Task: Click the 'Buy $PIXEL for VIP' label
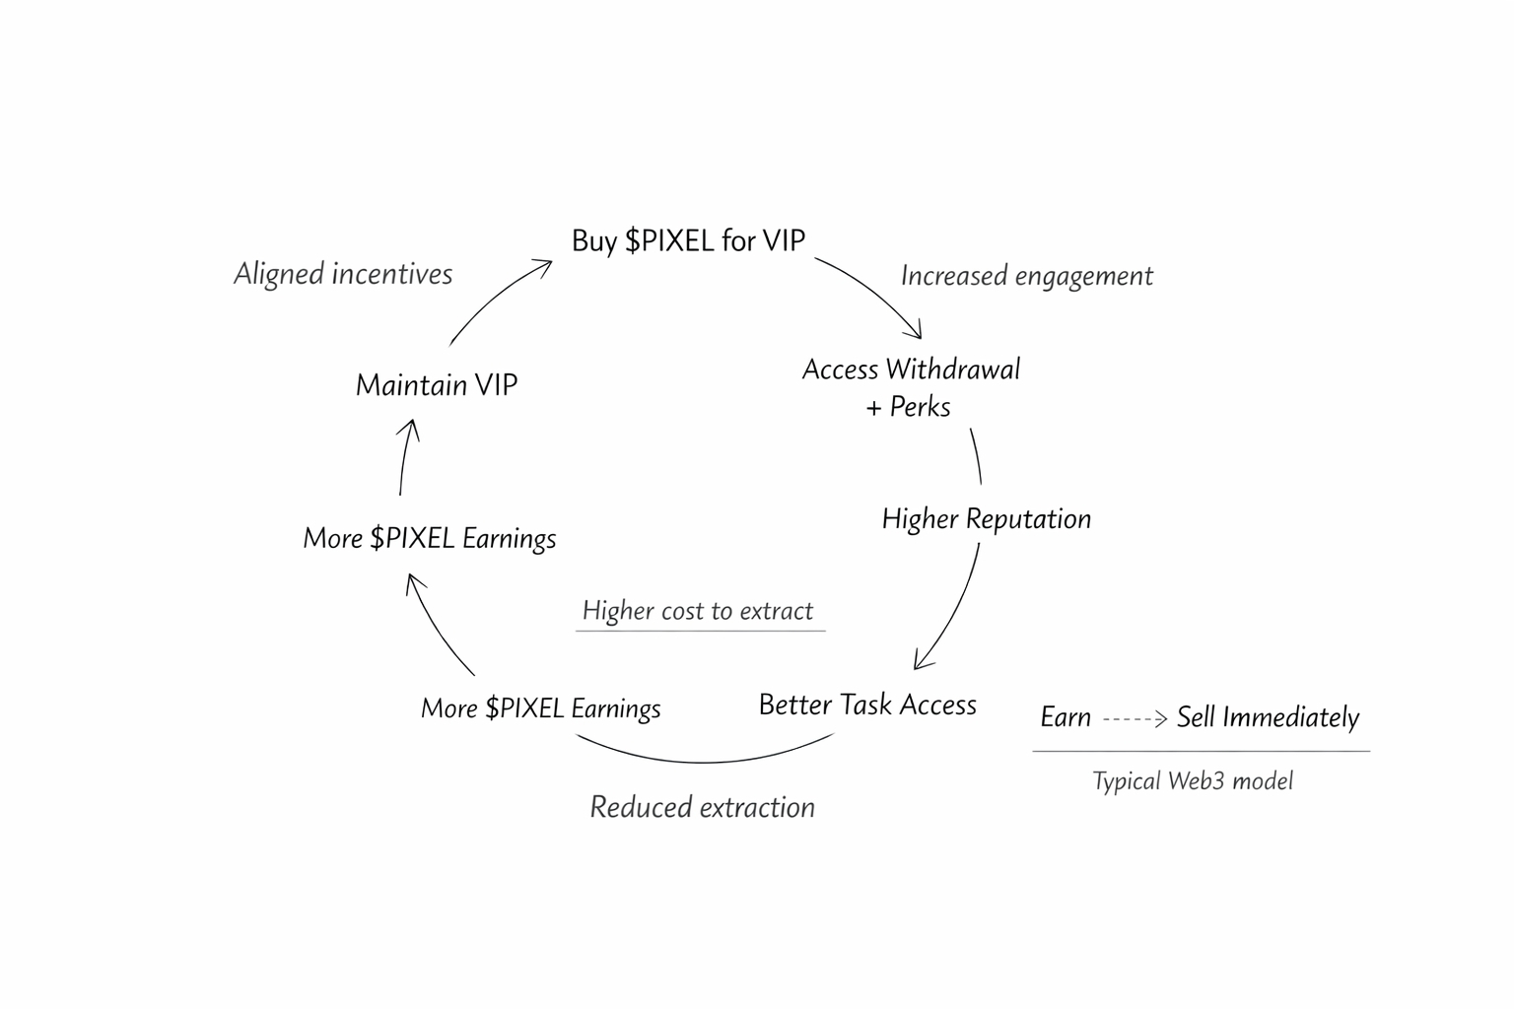click(x=688, y=240)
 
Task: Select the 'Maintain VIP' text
click(x=436, y=384)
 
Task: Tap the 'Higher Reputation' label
click(x=986, y=518)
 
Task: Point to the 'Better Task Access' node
click(x=867, y=705)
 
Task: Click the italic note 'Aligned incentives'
click(x=343, y=274)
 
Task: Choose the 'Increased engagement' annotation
click(x=1026, y=276)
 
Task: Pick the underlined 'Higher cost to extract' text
click(x=698, y=611)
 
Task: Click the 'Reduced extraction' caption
click(x=702, y=807)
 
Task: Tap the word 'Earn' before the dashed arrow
click(x=1066, y=717)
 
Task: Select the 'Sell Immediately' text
click(x=1268, y=717)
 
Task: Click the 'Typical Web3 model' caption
click(x=1193, y=781)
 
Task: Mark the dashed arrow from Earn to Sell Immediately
click(x=1135, y=719)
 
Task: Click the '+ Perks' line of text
click(x=908, y=407)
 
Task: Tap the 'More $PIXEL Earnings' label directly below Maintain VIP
click(x=430, y=538)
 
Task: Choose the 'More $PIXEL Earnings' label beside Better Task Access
click(x=540, y=708)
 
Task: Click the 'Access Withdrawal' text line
click(x=911, y=370)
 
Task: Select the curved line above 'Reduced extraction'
click(x=704, y=759)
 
